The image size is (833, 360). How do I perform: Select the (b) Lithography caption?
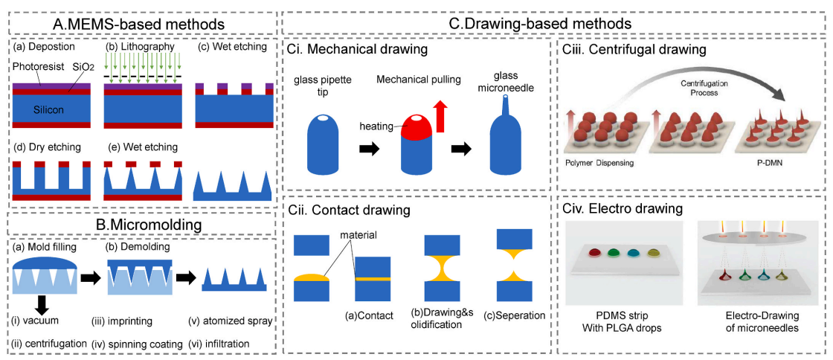pyautogui.click(x=139, y=47)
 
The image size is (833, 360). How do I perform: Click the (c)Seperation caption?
pyautogui.click(x=517, y=315)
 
